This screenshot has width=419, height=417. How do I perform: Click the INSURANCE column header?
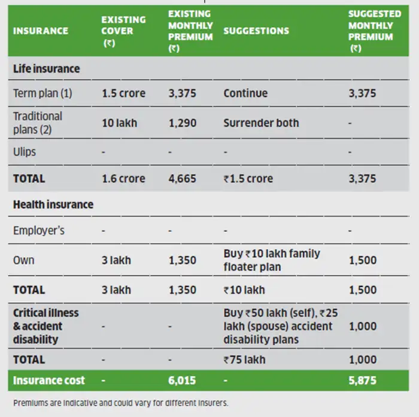pos(41,31)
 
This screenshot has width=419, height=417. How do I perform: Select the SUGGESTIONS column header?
pos(256,31)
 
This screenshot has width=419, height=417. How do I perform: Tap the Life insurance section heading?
pos(46,69)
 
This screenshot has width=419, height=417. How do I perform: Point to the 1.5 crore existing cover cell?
pos(123,93)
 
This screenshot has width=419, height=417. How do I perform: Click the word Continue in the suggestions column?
pos(245,93)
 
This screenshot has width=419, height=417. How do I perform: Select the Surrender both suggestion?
pos(261,123)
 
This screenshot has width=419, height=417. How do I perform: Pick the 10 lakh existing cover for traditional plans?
pos(119,123)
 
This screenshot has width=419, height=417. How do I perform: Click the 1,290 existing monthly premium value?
pos(182,123)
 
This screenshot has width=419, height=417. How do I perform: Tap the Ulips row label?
pos(25,152)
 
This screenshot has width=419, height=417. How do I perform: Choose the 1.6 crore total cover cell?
pos(123,179)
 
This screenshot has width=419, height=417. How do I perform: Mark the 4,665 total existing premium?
pos(182,179)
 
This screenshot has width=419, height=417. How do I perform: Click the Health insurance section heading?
pos(53,204)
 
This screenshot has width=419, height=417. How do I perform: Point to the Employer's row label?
pos(39,230)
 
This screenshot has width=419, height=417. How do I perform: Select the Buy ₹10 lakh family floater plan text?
pos(272,260)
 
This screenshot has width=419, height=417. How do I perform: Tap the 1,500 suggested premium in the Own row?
pos(362,260)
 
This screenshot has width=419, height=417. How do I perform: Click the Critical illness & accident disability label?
pos(46,326)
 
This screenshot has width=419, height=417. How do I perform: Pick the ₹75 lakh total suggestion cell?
pos(244,359)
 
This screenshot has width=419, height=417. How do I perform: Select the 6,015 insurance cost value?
pos(182,380)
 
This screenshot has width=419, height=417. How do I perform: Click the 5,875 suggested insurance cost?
pos(362,380)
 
